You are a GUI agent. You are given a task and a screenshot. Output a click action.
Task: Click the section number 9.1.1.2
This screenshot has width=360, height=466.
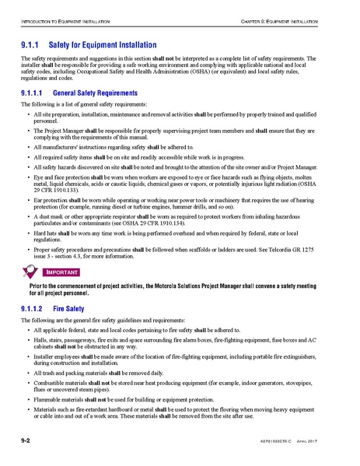[x=33, y=309]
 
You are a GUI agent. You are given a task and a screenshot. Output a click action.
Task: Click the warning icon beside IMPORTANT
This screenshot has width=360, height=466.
[x=31, y=272]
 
